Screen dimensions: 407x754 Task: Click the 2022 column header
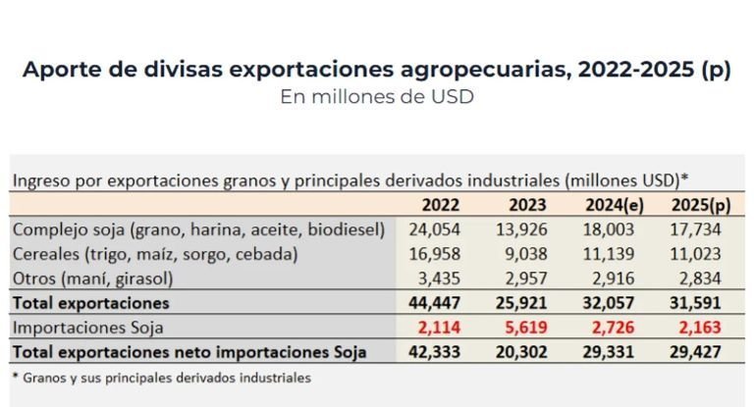pos(442,205)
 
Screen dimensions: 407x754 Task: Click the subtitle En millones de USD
pos(376,97)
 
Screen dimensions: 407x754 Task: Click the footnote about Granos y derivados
pos(161,377)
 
